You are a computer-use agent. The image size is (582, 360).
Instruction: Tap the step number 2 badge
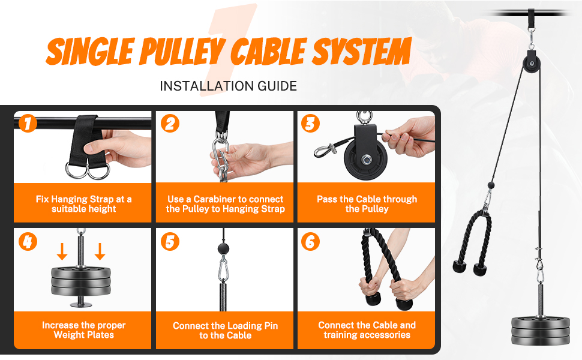[170, 124]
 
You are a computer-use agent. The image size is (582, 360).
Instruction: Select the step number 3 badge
[310, 124]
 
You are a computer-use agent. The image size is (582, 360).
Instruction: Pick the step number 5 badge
[170, 242]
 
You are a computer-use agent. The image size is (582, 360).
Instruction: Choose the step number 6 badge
[310, 242]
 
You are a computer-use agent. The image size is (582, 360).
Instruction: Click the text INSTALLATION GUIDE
[228, 86]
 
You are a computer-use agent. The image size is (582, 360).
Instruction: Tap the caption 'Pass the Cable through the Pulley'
[367, 204]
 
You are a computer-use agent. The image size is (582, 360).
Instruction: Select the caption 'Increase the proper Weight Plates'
[83, 329]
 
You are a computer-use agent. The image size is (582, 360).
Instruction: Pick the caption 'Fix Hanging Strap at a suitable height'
[83, 204]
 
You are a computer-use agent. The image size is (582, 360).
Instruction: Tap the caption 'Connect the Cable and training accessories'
[367, 329]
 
